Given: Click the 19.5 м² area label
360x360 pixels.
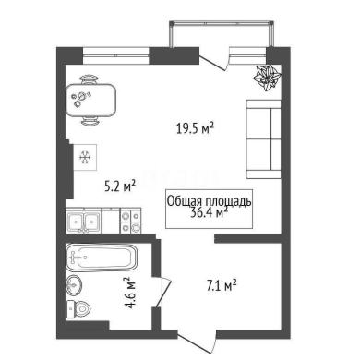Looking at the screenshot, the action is [195, 128].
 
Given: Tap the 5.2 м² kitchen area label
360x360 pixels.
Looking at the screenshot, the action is [120, 186].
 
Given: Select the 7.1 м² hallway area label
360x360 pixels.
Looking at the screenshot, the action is [222, 285].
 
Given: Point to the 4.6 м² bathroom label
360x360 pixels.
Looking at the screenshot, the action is [129, 293].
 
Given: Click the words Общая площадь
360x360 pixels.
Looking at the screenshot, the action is [210, 202].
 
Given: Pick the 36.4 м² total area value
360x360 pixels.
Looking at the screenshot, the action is [210, 212].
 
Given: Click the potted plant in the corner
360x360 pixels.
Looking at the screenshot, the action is [267, 78].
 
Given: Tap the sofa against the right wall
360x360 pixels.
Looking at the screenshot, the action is [263, 139].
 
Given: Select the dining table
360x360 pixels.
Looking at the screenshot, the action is [91, 101].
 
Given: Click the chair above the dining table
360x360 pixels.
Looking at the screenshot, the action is [91, 79].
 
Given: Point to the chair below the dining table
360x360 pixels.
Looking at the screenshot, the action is [91, 122].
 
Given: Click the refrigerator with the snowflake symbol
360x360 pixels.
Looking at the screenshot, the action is [86, 158].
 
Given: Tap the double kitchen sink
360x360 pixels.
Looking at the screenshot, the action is [83, 221].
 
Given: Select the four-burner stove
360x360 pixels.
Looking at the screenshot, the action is [131, 221].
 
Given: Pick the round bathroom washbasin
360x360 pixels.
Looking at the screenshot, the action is [74, 285].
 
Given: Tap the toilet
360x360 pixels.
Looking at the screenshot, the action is [78, 309].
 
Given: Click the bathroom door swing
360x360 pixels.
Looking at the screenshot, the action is [163, 293].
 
